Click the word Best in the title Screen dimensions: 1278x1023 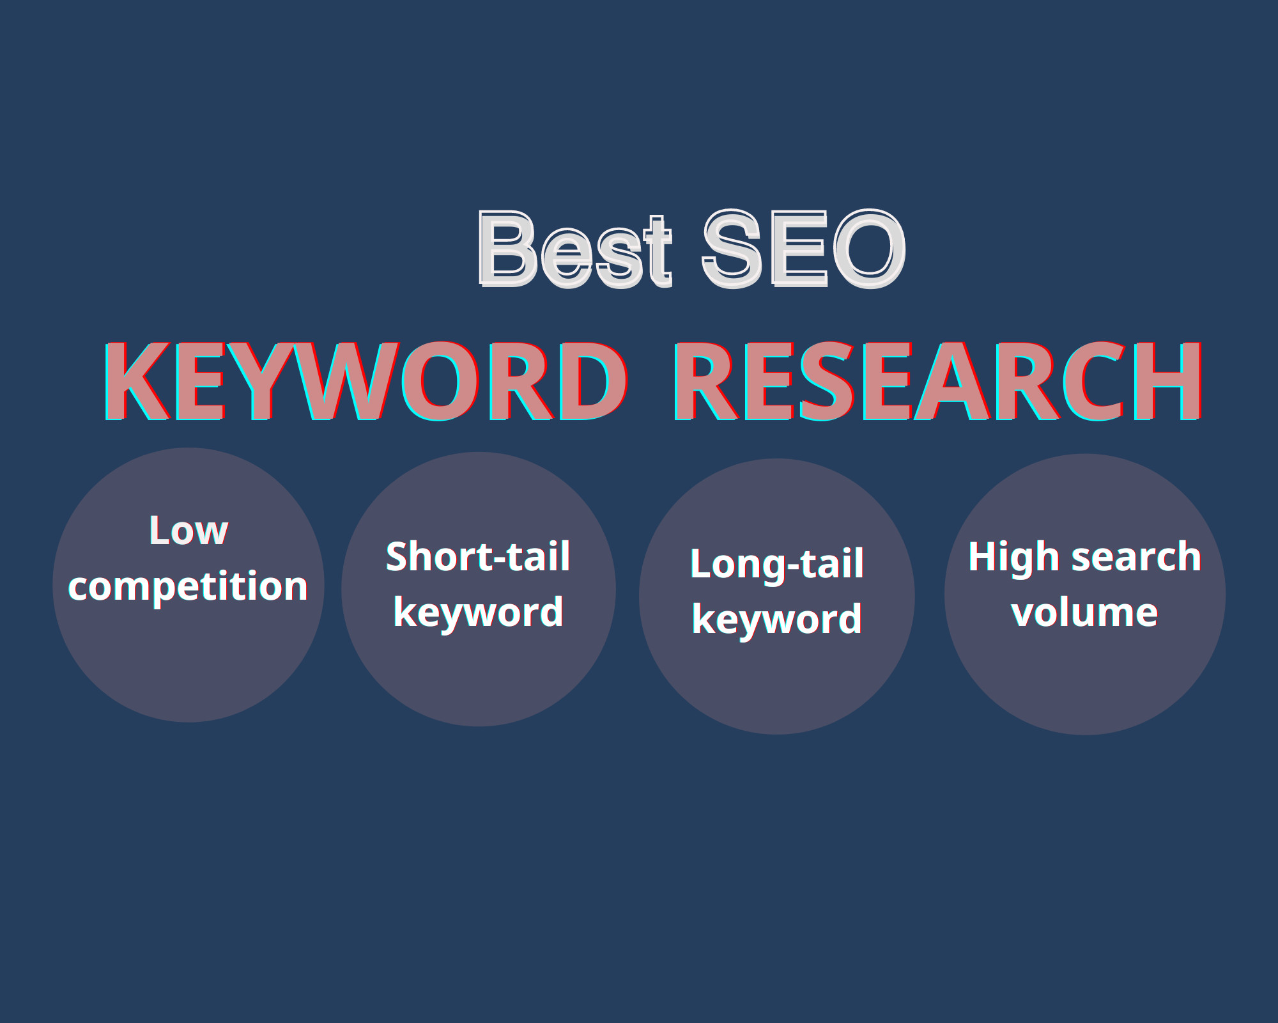(575, 249)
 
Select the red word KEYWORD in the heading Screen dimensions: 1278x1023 (366, 382)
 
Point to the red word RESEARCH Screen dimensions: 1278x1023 (938, 382)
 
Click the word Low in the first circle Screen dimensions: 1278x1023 (189, 531)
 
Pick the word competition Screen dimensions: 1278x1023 (189, 587)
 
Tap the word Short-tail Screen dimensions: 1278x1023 (478, 556)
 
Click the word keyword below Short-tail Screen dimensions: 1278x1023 (478, 613)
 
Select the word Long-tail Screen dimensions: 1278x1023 (777, 564)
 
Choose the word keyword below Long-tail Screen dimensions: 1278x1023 (777, 620)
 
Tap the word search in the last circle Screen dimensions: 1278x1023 (1137, 556)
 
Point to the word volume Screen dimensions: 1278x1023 (1084, 613)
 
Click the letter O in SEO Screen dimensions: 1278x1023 (868, 249)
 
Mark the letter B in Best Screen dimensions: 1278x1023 (507, 249)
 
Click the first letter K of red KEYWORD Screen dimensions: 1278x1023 (137, 382)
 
